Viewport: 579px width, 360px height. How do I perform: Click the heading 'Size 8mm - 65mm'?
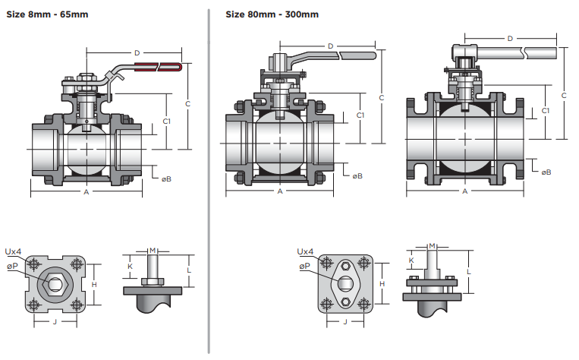coord(47,14)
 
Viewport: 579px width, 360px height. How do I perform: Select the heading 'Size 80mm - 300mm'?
coord(272,14)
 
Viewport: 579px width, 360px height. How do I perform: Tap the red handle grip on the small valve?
coord(161,67)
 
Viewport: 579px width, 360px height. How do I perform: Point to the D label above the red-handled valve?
coord(137,52)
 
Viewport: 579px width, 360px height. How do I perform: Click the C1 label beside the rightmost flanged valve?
coord(546,112)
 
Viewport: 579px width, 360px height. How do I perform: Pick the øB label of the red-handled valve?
coord(166,179)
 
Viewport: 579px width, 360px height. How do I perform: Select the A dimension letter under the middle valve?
coord(280,191)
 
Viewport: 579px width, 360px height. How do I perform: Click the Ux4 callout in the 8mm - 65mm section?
coord(13,251)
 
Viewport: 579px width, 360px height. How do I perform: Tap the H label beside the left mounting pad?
coord(94,283)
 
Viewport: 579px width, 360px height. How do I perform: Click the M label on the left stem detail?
coord(153,250)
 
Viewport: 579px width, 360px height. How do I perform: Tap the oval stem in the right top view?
coord(345,283)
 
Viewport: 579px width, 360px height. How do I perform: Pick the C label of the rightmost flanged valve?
coord(564,95)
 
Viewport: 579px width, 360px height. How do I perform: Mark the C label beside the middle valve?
coord(382,97)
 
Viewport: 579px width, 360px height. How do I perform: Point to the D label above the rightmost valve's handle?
coord(509,38)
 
